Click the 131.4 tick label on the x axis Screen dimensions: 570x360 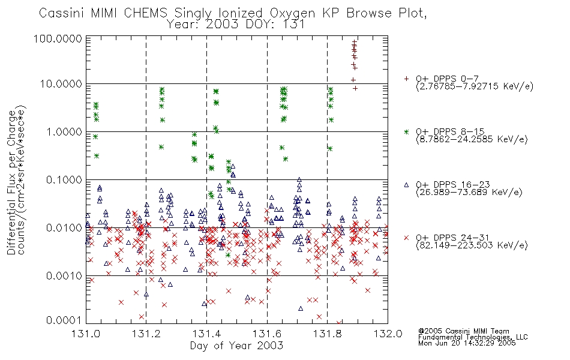206,334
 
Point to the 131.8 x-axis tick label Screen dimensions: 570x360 327,334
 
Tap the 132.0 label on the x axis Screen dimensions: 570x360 388,334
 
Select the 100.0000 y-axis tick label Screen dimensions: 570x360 58,38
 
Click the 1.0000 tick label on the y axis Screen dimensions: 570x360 64,131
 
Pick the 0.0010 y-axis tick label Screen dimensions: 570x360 64,275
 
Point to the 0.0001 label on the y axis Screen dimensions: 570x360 64,320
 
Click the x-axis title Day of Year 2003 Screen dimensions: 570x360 236,346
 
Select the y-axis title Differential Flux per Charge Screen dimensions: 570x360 11,182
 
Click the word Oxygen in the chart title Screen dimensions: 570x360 293,13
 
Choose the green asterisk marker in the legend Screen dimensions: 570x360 406,131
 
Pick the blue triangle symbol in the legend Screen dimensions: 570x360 406,185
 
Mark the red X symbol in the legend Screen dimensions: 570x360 406,238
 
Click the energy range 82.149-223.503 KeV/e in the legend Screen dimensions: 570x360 472,245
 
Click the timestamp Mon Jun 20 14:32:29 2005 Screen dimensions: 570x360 467,343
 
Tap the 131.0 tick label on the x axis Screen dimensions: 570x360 86,334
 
